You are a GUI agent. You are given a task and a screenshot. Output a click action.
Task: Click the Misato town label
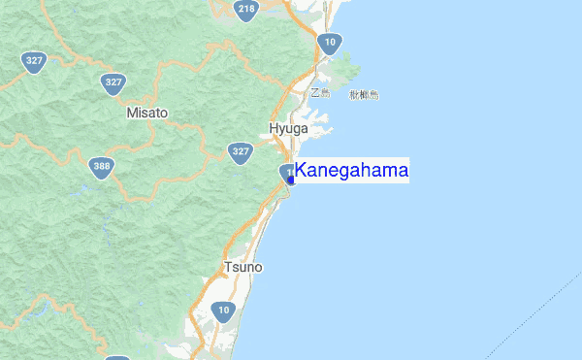[x=146, y=113]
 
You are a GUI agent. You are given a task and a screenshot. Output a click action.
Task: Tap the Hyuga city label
[x=288, y=128]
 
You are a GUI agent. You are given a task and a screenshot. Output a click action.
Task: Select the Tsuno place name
[x=242, y=267]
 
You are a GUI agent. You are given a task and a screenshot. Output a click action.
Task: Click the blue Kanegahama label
[x=352, y=171]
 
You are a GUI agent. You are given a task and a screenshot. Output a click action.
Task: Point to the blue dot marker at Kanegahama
[x=291, y=180]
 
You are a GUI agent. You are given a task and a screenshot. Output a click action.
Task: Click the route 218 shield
[x=246, y=11]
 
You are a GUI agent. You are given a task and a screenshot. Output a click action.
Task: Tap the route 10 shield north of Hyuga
[x=330, y=42]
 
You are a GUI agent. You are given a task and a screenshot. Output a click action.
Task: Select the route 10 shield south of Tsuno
[x=224, y=311]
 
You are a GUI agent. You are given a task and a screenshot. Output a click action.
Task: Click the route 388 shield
[x=100, y=166]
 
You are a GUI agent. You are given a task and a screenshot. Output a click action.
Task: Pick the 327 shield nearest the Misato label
[x=114, y=82]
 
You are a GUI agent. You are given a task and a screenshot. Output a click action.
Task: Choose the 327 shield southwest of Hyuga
[x=241, y=151]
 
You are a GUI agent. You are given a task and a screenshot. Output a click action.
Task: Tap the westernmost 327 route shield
[x=34, y=61]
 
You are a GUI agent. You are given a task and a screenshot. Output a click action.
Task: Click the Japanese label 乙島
[x=320, y=94]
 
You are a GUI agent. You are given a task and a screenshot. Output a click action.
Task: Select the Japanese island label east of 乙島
[x=364, y=94]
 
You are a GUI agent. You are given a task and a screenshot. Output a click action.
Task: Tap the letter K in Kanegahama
[x=302, y=171]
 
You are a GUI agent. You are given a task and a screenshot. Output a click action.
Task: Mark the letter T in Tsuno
[x=227, y=267]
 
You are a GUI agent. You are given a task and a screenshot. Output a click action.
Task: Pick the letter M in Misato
[x=132, y=113]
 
